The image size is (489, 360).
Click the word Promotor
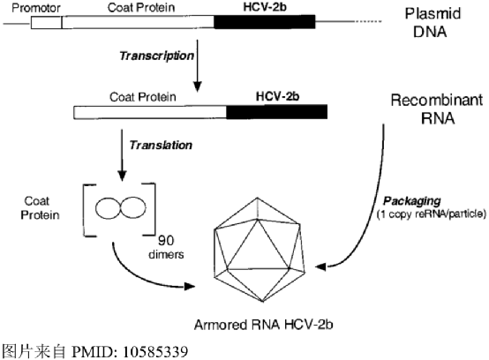(x=36, y=8)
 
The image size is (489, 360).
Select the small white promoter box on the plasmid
(x=47, y=22)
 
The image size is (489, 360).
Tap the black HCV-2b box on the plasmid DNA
(x=265, y=22)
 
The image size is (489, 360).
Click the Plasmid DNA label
(x=433, y=23)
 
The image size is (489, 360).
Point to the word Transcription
(x=157, y=56)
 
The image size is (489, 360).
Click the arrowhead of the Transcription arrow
(x=197, y=86)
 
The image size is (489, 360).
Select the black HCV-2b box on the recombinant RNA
(x=277, y=112)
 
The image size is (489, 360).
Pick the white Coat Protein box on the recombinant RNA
(x=150, y=112)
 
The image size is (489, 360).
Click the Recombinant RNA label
(x=437, y=109)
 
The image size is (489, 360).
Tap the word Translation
(x=161, y=146)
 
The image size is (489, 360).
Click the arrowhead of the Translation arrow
(x=122, y=176)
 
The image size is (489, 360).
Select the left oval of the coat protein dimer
(x=108, y=207)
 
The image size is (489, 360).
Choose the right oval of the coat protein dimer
(x=133, y=207)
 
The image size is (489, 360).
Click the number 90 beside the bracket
(x=166, y=240)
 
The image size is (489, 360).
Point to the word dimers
(x=166, y=254)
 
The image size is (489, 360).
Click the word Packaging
(x=412, y=201)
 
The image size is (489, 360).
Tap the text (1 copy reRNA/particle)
(x=432, y=214)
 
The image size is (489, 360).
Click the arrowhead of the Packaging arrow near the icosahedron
(x=321, y=266)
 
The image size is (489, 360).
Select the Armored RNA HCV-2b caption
(x=264, y=325)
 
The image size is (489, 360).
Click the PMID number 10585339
(x=155, y=352)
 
